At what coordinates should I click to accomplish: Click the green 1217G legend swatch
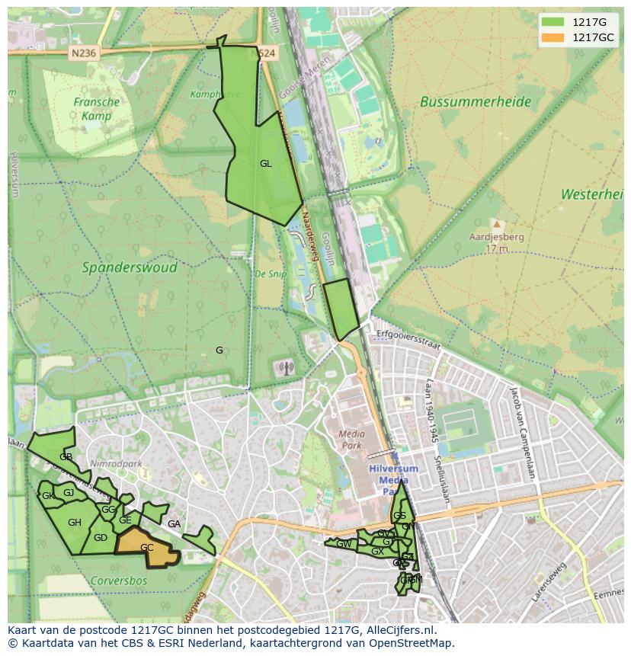tap(554, 22)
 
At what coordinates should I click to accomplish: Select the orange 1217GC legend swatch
tap(554, 37)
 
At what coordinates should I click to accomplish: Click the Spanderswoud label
tap(130, 267)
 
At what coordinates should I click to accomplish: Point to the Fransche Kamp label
tap(97, 109)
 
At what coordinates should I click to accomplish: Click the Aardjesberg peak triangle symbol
tap(497, 225)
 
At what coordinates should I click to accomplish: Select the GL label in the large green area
tap(265, 164)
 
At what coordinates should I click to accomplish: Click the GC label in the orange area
tap(147, 548)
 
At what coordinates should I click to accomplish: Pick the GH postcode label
tap(74, 523)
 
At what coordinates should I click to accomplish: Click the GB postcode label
tap(66, 457)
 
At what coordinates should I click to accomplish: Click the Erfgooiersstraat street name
tap(409, 340)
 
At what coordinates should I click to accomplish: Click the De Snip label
tap(270, 274)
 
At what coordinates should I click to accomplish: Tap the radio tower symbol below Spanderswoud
tap(286, 369)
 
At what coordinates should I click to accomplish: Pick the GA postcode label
tap(174, 524)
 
